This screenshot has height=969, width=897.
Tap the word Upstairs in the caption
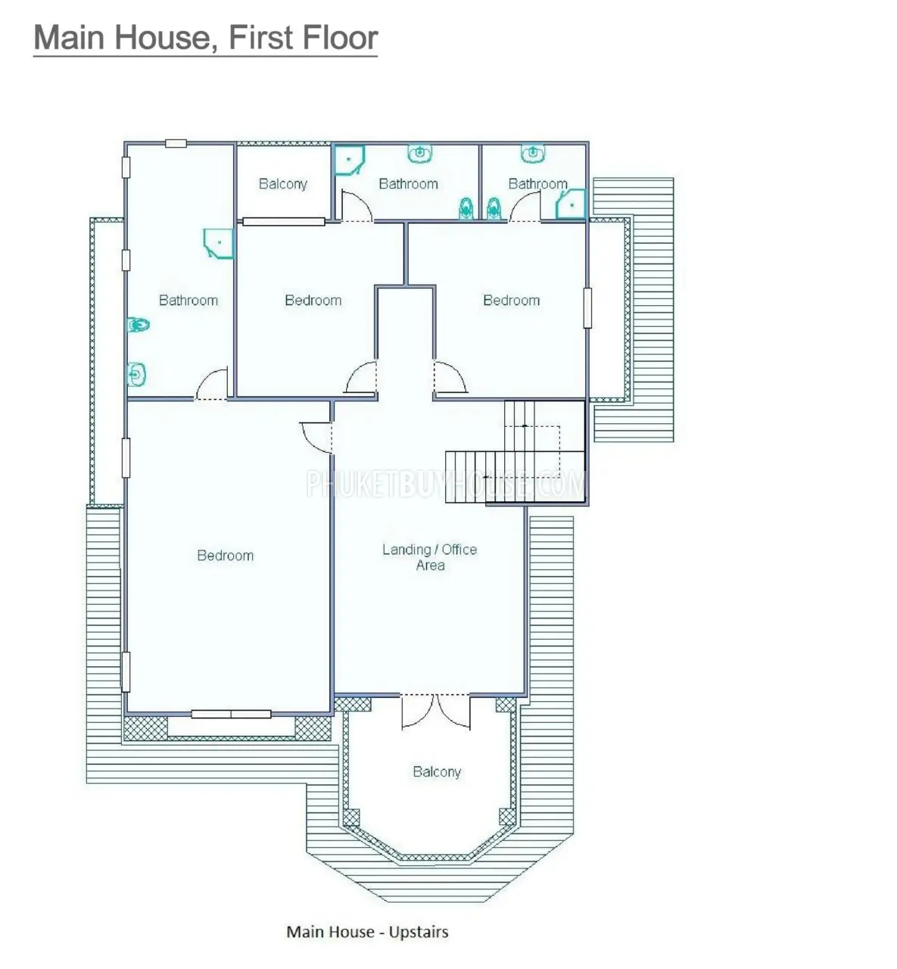[x=419, y=931]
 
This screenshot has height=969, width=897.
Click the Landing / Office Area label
[x=429, y=557]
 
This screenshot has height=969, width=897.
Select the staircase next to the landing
[x=515, y=451]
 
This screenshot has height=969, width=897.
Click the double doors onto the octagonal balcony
[x=436, y=712]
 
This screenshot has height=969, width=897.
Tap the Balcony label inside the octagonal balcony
[x=437, y=771]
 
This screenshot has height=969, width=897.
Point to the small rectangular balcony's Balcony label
[x=283, y=183]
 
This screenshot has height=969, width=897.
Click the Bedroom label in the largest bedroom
[x=226, y=555]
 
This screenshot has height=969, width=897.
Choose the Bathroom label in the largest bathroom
[x=188, y=300]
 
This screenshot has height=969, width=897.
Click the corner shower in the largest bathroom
[x=219, y=243]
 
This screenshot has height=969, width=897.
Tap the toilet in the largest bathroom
[x=139, y=325]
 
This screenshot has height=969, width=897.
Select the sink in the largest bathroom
[x=137, y=375]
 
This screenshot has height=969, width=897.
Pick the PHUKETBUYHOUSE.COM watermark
[x=446, y=484]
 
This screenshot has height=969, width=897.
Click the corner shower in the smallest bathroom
[x=571, y=204]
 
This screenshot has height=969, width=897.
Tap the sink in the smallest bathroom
[x=532, y=153]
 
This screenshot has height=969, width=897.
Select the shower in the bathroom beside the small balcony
[x=350, y=160]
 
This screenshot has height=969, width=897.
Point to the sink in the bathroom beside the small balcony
[x=419, y=153]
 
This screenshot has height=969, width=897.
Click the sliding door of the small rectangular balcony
[x=284, y=222]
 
